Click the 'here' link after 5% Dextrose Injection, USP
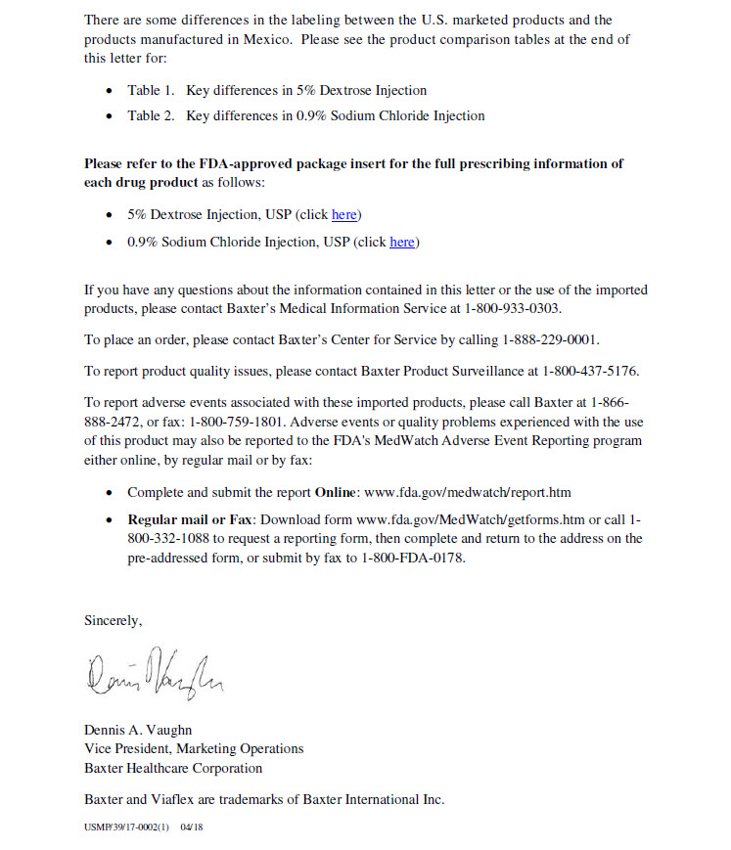click(x=343, y=214)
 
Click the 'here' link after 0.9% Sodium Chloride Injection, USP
click(x=401, y=242)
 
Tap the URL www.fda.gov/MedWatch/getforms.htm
click(x=471, y=519)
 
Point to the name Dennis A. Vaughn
click(x=138, y=730)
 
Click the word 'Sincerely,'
click(x=114, y=620)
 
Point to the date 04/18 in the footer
click(x=192, y=828)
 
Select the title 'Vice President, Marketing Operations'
click(x=194, y=748)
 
